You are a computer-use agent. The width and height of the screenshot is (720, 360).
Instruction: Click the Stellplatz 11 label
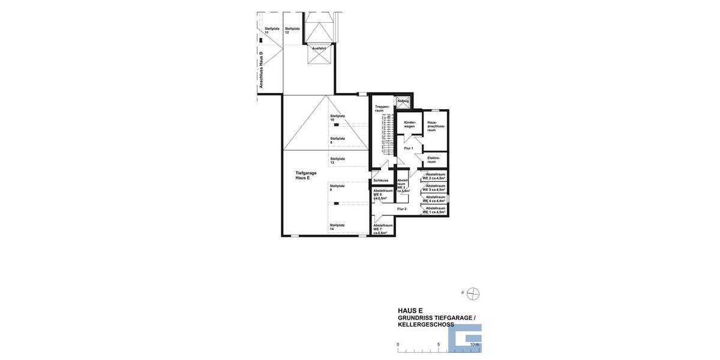[x=271, y=30]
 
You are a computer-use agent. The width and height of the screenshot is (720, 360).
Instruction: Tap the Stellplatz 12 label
[x=292, y=30]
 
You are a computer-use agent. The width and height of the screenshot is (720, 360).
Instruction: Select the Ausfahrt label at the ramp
[x=319, y=48]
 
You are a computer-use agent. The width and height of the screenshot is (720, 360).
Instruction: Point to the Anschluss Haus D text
[x=262, y=70]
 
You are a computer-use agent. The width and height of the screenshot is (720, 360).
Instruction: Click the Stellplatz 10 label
[x=337, y=118]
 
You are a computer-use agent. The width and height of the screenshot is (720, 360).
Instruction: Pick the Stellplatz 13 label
[x=337, y=160]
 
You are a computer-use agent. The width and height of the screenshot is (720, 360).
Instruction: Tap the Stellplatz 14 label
[x=337, y=227]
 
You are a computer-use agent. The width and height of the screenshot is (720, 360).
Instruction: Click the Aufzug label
[x=403, y=101]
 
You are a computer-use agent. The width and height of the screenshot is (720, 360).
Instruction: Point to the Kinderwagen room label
[x=409, y=124]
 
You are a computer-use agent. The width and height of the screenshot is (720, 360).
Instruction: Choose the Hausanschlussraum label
[x=435, y=126]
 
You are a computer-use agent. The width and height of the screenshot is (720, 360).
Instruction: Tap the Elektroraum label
[x=434, y=160]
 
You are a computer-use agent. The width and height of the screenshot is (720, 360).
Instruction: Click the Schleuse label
[x=380, y=180]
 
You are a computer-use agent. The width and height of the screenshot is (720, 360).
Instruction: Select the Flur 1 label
[x=409, y=148]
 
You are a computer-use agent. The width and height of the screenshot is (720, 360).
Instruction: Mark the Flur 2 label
[x=401, y=209]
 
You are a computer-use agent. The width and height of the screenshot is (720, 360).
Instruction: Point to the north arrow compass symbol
[x=473, y=293]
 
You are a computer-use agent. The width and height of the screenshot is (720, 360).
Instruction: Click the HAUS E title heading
[x=410, y=311]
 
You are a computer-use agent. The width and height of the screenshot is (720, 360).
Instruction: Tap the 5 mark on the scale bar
[x=439, y=344]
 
